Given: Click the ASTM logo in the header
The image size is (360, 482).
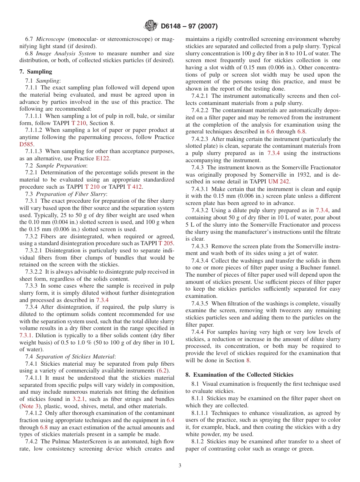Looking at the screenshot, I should coord(152,26).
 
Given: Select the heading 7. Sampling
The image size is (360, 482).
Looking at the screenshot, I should coord(36,72).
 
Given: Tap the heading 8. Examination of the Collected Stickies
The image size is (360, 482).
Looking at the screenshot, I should coord(239,375).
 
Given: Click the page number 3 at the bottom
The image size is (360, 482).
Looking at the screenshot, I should coord(180,466).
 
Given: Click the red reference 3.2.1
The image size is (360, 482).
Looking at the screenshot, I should coord(79,399).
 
